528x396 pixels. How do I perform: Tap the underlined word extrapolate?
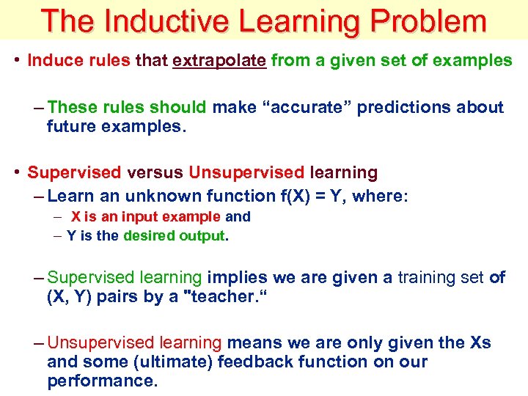point(219,60)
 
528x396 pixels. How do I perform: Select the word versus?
point(155,173)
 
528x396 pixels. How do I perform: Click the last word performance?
point(102,381)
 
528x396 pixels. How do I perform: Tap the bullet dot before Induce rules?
point(16,60)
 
